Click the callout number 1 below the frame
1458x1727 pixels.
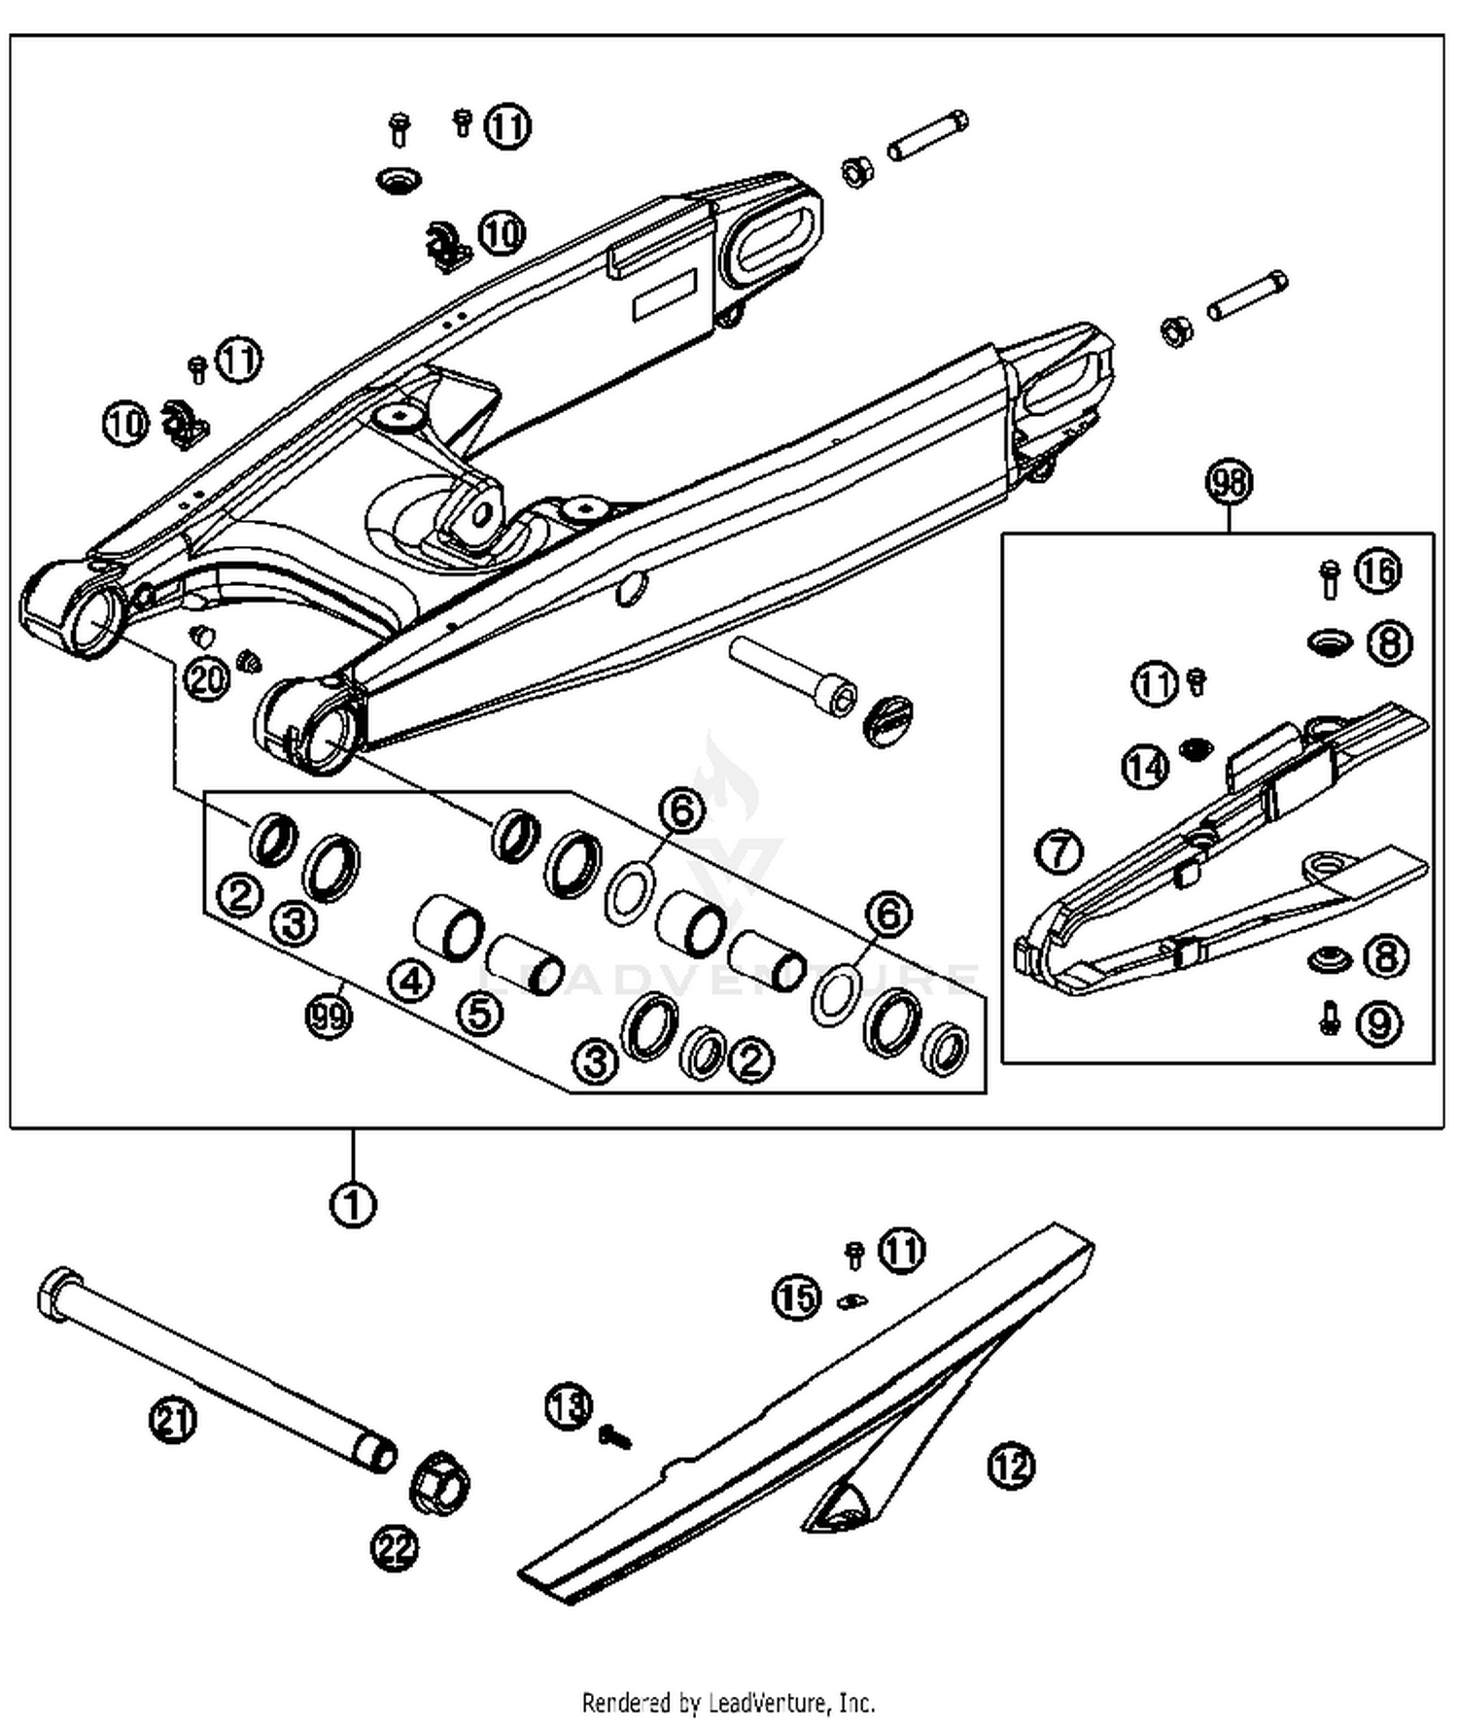click(352, 1205)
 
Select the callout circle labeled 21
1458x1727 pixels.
click(173, 1421)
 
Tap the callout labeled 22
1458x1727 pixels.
click(395, 1549)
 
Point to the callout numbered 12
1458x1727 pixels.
click(1011, 1466)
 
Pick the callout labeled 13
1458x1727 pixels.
click(568, 1406)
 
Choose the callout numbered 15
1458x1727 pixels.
click(796, 1297)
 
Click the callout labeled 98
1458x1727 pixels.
click(1230, 482)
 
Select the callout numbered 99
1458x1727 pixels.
click(329, 1017)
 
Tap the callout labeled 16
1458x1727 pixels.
click(1377, 571)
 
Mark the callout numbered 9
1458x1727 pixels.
click(1379, 1023)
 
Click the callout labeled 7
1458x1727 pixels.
click(1059, 852)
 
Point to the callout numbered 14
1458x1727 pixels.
click(1145, 768)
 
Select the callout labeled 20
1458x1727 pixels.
click(206, 679)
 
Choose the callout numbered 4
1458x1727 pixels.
click(411, 981)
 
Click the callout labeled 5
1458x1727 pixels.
click(480, 1014)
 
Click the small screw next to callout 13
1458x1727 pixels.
click(614, 1435)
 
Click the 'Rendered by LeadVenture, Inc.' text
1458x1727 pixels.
click(728, 1703)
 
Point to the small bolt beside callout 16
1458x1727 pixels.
click(1330, 577)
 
